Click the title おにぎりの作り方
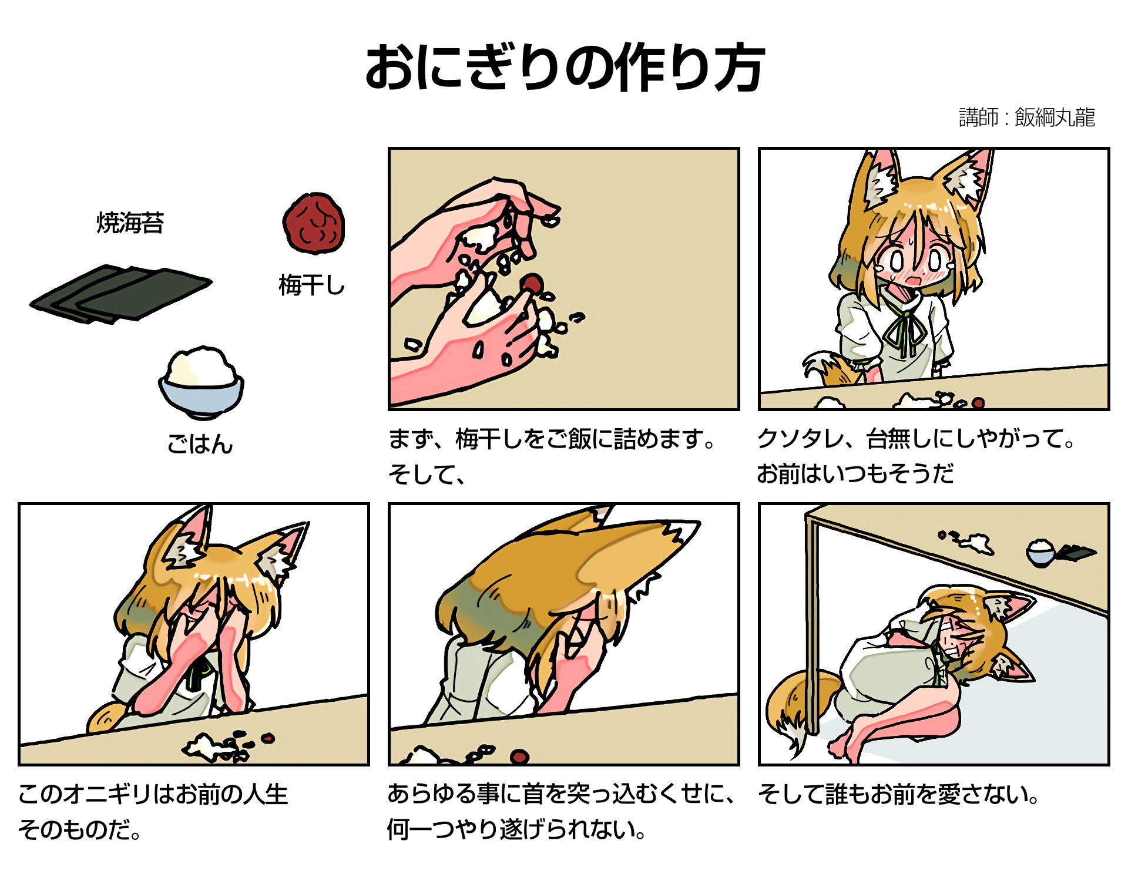click(565, 68)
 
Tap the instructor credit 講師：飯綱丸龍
click(1026, 117)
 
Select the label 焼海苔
click(130, 223)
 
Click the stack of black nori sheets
click(120, 294)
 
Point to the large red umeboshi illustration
click(314, 223)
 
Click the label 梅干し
click(311, 285)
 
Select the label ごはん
click(200, 444)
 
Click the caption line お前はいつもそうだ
click(855, 473)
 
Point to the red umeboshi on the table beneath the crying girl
click(978, 403)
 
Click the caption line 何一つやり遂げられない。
click(517, 829)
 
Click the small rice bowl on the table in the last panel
click(1041, 553)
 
